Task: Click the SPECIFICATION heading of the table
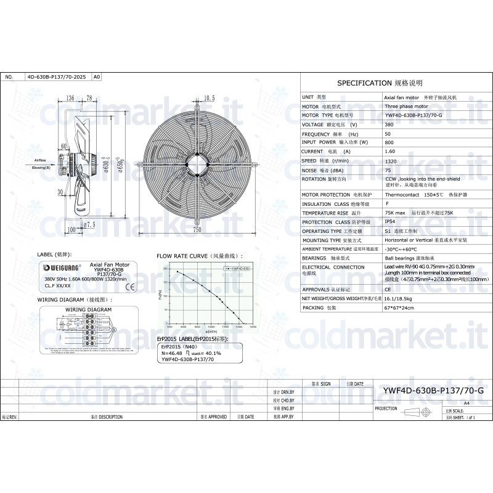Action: coord(380,83)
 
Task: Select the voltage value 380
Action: coord(389,124)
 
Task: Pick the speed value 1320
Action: coord(390,160)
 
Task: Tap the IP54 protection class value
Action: coord(390,222)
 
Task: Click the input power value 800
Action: coord(389,142)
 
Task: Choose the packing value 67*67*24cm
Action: coord(399,307)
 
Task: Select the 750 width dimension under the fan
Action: coord(197,230)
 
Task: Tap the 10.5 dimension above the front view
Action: coord(209,98)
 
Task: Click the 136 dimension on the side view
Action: coord(70,98)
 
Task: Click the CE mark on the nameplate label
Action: coord(129,286)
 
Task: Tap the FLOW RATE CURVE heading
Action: coord(198,255)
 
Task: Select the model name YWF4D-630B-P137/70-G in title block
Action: coord(433,390)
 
